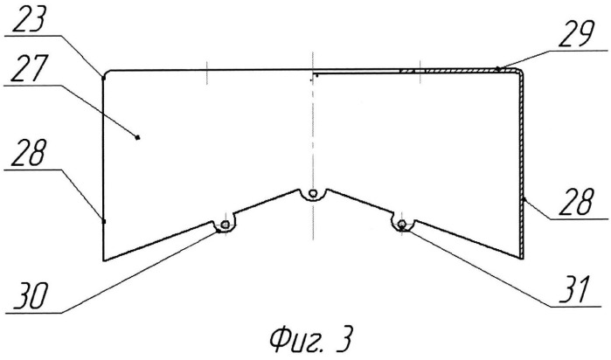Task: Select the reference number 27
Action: pyautogui.click(x=30, y=67)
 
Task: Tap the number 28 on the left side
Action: pyautogui.click(x=29, y=152)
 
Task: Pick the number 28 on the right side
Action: pyautogui.click(x=576, y=201)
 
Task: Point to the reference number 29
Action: pyautogui.click(x=577, y=34)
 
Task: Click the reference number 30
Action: pyautogui.click(x=30, y=296)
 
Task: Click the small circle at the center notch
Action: pyautogui.click(x=312, y=193)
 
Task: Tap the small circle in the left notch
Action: pyautogui.click(x=225, y=225)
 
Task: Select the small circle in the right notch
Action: pyautogui.click(x=402, y=224)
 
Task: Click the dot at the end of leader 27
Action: pyautogui.click(x=137, y=137)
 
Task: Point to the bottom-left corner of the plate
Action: pyautogui.click(x=103, y=260)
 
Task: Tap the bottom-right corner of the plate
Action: pyautogui.click(x=523, y=259)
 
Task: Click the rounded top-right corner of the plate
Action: pyautogui.click(x=520, y=73)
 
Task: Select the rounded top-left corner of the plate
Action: pyautogui.click(x=106, y=73)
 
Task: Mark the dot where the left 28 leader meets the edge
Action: pyautogui.click(x=104, y=221)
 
